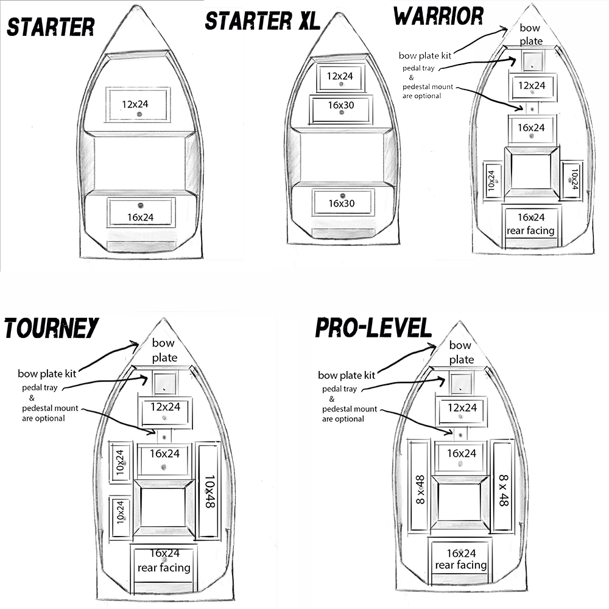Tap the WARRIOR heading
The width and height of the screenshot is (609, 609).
pos(438,16)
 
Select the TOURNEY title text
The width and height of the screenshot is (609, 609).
pos(51,328)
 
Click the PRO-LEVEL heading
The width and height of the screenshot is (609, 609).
pos(373,328)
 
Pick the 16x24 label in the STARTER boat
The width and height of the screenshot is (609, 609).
pos(141,216)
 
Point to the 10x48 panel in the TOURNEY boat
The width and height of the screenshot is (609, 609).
pos(209,491)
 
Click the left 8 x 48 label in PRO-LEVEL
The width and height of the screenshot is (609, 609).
pos(420,489)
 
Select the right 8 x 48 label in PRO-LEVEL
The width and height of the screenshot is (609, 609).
pos(503,491)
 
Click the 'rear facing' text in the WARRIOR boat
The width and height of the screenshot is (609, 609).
pos(530,230)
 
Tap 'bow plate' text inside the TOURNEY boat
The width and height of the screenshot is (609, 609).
pos(164,350)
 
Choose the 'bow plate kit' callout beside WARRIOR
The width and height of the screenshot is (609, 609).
pos(424,55)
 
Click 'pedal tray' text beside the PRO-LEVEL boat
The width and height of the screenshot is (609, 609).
pos(340,389)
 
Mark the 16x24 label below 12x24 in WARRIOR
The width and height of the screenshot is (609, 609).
pos(531,128)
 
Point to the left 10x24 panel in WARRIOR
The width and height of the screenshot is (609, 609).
pos(492,180)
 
